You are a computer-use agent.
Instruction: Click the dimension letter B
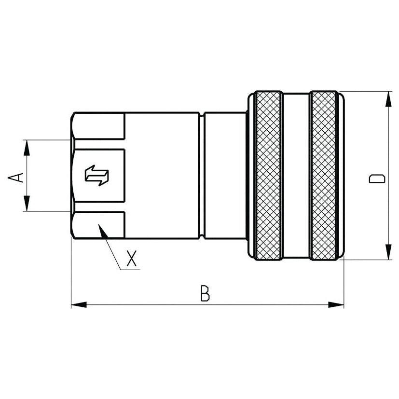[x=206, y=293]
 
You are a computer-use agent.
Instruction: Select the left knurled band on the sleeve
[x=269, y=176]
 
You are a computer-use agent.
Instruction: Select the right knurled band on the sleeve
[x=324, y=176]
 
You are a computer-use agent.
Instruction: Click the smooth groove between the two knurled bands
[x=296, y=176]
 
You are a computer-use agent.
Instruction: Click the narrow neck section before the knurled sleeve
[x=224, y=176]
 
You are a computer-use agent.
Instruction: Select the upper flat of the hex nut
[x=99, y=126]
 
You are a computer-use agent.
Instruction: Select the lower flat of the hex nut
[x=99, y=224]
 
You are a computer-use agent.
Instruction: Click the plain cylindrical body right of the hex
[x=162, y=176]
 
